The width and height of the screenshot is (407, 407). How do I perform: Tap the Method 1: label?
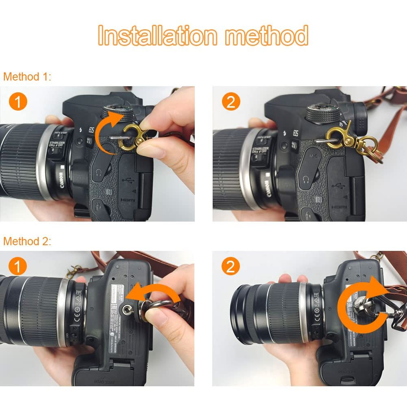click(x=27, y=76)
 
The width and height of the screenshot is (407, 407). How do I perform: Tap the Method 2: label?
click(x=27, y=241)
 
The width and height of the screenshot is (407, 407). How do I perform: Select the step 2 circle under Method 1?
click(x=231, y=102)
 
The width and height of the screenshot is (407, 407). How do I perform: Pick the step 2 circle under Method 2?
click(x=231, y=267)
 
